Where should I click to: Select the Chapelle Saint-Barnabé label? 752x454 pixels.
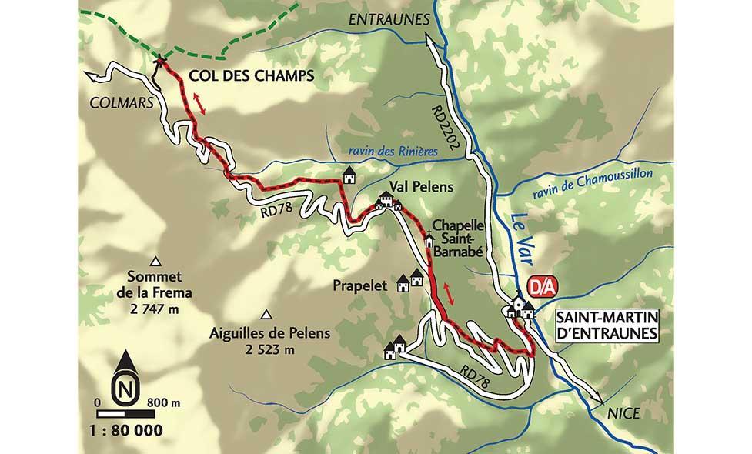click(x=460, y=237)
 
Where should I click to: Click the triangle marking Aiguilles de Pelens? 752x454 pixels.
click(x=267, y=314)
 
